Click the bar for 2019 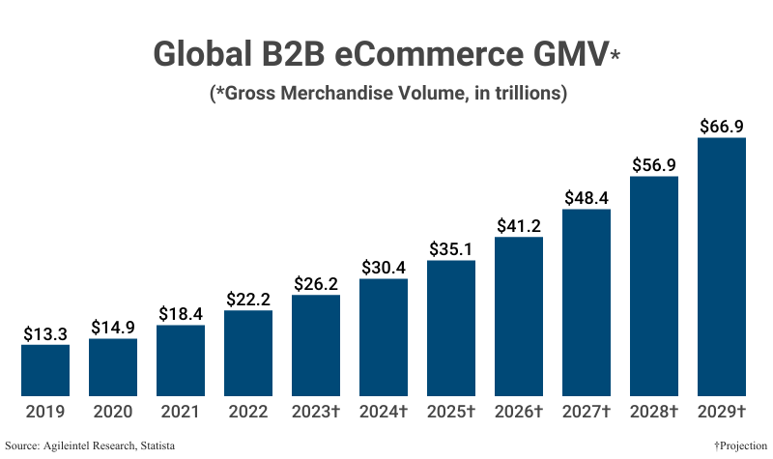(x=45, y=370)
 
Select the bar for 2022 (x=248, y=353)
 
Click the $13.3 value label (x=45, y=333)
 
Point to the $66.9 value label (x=722, y=127)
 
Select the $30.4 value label (x=384, y=268)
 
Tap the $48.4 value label (x=587, y=198)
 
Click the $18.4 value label (x=181, y=314)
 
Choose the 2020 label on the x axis (x=113, y=412)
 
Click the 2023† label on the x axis (x=316, y=412)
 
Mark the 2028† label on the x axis (x=654, y=412)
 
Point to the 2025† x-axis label (x=451, y=412)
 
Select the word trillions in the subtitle (x=522, y=94)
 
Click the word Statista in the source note (x=167, y=445)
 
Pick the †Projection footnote (x=741, y=445)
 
